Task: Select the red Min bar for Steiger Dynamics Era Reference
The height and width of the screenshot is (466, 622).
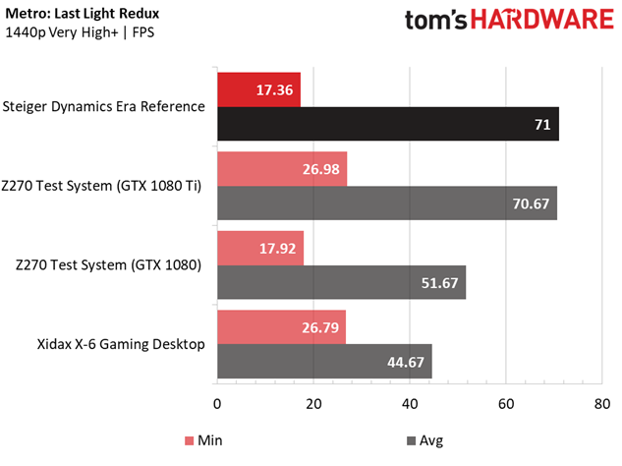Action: tap(258, 88)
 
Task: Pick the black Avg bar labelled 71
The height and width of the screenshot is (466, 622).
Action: tap(388, 125)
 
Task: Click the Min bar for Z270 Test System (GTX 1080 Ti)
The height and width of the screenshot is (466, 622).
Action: tap(282, 168)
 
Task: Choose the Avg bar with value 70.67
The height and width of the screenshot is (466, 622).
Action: tap(387, 204)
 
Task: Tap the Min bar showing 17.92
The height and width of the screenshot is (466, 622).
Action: tap(260, 248)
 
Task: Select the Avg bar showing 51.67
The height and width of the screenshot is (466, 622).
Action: tap(341, 283)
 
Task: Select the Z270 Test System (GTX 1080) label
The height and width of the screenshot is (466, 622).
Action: tap(109, 265)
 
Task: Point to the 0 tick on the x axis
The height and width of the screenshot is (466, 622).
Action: tap(217, 403)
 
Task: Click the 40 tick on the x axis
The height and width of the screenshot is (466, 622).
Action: tap(410, 403)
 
